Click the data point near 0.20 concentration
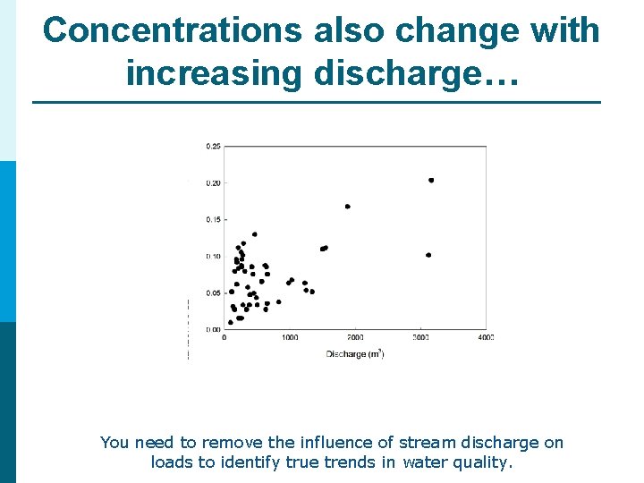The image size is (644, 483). point(431,180)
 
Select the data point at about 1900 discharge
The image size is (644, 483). point(347,207)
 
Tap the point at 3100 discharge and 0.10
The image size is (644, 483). point(428,255)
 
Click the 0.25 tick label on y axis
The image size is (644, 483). point(214,146)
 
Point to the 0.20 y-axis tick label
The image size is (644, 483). point(214,182)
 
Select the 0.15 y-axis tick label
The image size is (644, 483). point(214,219)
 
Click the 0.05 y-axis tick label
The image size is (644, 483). point(214,292)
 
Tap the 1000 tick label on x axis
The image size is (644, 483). point(290,338)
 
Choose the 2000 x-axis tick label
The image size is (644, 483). point(355,338)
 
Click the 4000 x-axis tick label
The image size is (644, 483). point(486,338)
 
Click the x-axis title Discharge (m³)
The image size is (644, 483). point(355,354)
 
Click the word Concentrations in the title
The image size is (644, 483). point(174,30)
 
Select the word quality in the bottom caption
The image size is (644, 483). point(481,463)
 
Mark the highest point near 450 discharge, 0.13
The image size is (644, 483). point(255,234)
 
